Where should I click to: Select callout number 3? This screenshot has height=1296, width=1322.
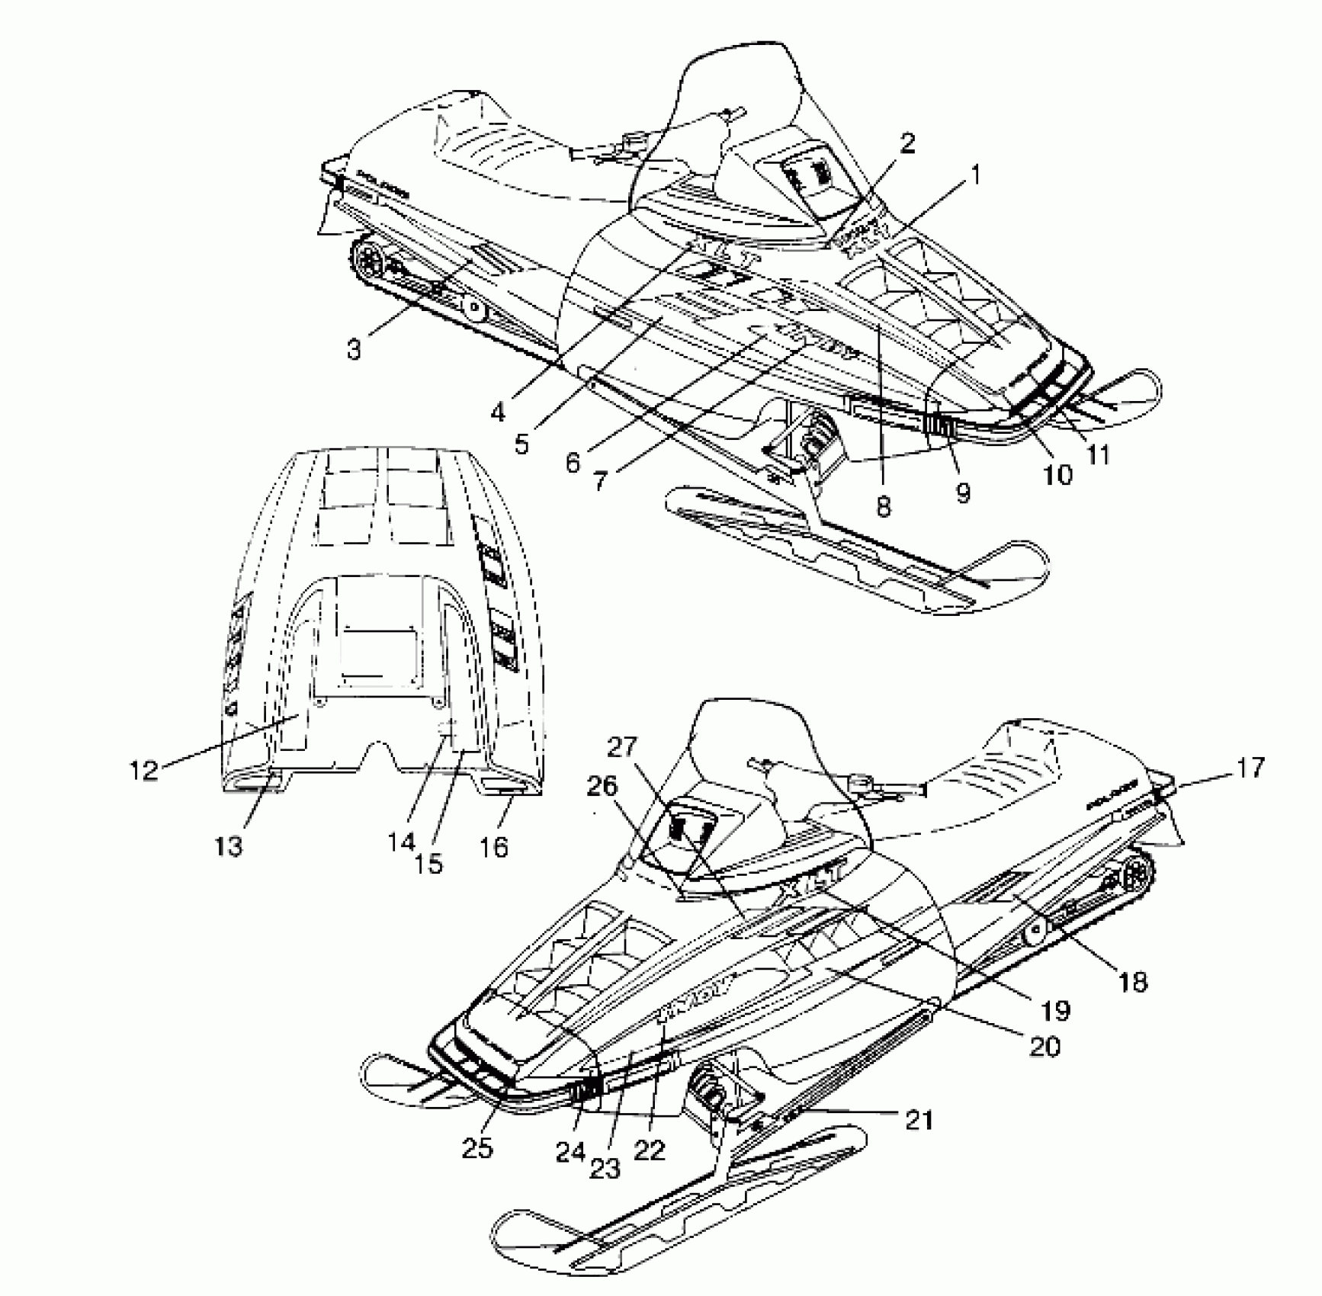[353, 350]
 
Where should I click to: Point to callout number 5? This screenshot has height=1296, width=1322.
[521, 444]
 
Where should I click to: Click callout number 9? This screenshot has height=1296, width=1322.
[963, 492]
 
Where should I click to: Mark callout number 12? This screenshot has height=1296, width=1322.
[143, 769]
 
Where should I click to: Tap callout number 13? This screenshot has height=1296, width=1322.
[229, 845]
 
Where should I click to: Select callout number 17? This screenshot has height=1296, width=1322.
[1248, 768]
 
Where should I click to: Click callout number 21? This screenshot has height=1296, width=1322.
[919, 1120]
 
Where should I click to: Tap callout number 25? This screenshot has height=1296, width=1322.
[476, 1147]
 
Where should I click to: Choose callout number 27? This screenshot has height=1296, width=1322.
[622, 747]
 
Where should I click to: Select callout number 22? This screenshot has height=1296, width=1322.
[650, 1150]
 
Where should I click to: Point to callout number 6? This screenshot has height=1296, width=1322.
[573, 462]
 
